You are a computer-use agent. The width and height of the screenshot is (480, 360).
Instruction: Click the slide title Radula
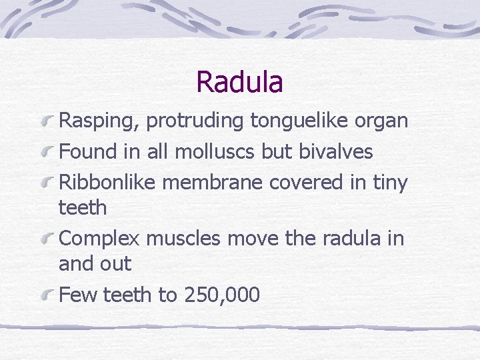pyautogui.click(x=239, y=82)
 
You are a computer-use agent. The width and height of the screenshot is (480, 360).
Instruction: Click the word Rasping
pyautogui.click(x=99, y=121)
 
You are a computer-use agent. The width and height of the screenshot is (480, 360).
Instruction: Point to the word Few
pyautogui.click(x=75, y=295)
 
